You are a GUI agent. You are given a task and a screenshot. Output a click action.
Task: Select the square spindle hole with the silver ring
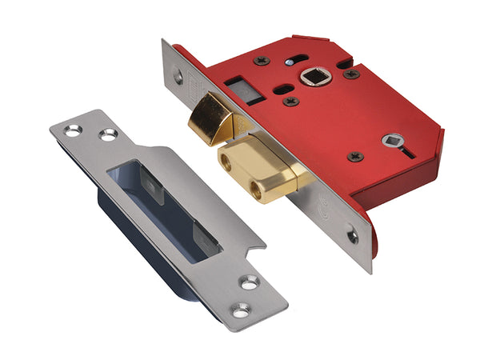coord(313,79)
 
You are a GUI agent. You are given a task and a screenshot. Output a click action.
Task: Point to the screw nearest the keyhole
coord(355,156)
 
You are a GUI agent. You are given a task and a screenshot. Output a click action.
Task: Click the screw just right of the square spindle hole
coord(350,74)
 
